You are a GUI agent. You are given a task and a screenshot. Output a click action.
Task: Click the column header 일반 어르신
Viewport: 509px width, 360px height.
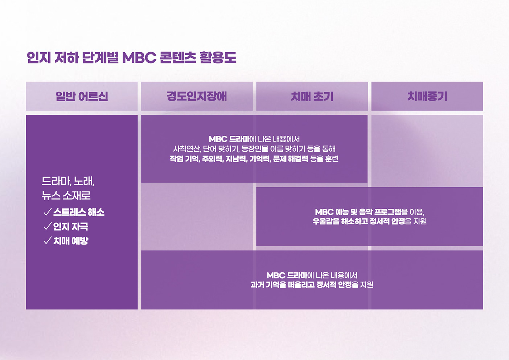pos(82,96)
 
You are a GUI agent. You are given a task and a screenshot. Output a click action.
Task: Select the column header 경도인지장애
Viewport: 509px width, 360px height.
pos(197,96)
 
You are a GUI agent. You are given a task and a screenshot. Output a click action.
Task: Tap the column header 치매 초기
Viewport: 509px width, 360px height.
pos(312,96)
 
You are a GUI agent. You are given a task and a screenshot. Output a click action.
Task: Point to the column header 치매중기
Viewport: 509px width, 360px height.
pos(427,96)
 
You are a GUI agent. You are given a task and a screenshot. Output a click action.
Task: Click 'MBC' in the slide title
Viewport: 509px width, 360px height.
pos(139,57)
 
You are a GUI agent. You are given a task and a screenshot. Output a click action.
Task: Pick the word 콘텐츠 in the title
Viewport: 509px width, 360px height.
pos(178,57)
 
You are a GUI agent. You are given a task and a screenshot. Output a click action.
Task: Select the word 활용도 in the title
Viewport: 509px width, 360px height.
pos(218,57)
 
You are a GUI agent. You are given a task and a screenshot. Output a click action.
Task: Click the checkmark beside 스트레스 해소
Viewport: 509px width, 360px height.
pos(47,212)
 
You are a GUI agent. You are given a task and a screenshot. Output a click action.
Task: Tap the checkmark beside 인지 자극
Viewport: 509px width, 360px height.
pos(47,226)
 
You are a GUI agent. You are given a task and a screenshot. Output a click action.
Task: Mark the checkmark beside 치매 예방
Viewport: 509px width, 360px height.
pos(47,241)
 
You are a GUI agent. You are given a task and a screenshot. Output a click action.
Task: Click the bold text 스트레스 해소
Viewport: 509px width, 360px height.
pos(79,212)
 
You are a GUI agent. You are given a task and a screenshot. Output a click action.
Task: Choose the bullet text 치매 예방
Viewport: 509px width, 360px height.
pos(71,241)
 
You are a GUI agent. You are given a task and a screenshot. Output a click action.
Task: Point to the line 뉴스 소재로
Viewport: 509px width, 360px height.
pos(66,196)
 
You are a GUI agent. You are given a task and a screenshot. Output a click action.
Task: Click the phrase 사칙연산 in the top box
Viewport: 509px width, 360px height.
pos(187,149)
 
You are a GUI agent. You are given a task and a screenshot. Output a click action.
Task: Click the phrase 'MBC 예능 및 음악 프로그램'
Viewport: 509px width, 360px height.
pos(358,212)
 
